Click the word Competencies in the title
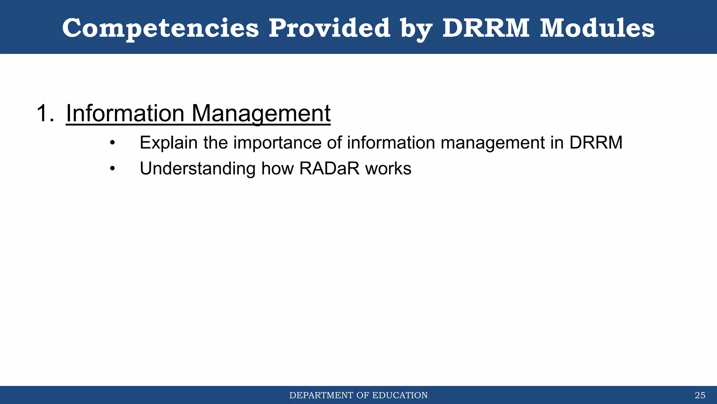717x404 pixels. coord(160,28)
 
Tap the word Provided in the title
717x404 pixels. coord(329,28)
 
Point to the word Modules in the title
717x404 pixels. coord(597,28)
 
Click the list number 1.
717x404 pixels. coord(45,113)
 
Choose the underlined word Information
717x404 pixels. coord(125,113)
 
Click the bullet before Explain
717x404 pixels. coord(112,143)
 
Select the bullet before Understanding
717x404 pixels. coord(112,169)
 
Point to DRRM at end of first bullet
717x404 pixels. coord(596,143)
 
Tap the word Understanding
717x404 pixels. coord(198,169)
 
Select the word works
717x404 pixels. coord(388,169)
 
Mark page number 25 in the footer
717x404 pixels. coord(700,396)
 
